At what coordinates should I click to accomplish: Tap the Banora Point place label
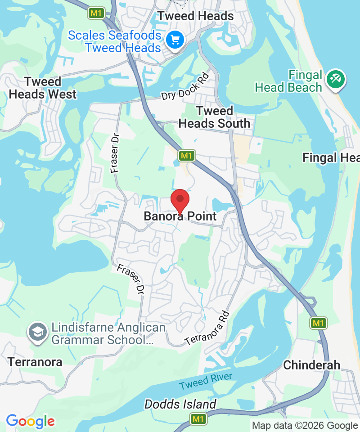pos(180,216)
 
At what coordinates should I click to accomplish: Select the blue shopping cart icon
pos(174,40)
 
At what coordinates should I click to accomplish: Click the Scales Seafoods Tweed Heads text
pos(114,41)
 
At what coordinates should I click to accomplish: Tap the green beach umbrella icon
pos(335,79)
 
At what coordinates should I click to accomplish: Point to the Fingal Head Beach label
pos(288,81)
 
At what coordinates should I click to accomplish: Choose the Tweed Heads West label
pos(43,88)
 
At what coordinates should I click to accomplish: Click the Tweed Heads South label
pos(214,117)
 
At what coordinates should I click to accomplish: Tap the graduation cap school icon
pos(37,332)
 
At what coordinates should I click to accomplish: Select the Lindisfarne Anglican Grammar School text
pos(102,333)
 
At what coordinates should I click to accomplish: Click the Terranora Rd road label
pos(207,328)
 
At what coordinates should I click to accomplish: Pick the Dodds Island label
pos(180,404)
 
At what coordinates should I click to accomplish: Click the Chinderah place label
pos(311,365)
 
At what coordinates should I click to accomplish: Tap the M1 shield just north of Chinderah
pos(318,323)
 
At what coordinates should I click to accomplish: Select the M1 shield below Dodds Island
pos(198,419)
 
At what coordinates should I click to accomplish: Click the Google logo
pos(30,422)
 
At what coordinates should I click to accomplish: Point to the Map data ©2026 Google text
pos(305,426)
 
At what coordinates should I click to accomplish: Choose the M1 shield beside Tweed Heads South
pos(186,156)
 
